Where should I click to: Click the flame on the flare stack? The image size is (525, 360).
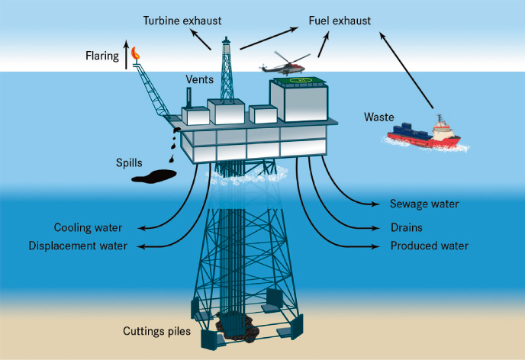[135, 53]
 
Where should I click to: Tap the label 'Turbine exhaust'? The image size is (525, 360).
[182, 21]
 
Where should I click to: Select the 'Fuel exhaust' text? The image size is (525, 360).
[340, 21]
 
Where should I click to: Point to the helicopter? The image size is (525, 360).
[285, 64]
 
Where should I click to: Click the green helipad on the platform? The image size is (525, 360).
[298, 80]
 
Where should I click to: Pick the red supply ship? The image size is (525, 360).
[424, 133]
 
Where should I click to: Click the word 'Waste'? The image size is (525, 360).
[379, 117]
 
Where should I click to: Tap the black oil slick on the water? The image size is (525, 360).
[154, 176]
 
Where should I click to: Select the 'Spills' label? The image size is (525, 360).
[129, 163]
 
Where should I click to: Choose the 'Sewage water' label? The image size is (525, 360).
[424, 204]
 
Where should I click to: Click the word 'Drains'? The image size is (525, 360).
[407, 227]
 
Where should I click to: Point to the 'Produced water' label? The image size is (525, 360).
[430, 246]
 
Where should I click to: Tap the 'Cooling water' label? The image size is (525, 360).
[88, 227]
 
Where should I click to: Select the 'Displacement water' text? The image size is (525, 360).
[78, 246]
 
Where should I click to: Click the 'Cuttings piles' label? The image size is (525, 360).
[156, 331]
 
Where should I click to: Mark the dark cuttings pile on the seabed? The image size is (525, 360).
[237, 326]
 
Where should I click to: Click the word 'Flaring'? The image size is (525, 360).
[102, 56]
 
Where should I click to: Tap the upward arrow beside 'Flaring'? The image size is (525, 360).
[126, 55]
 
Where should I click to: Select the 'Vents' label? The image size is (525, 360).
[200, 79]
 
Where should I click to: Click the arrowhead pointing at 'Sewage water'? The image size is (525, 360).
[376, 204]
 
